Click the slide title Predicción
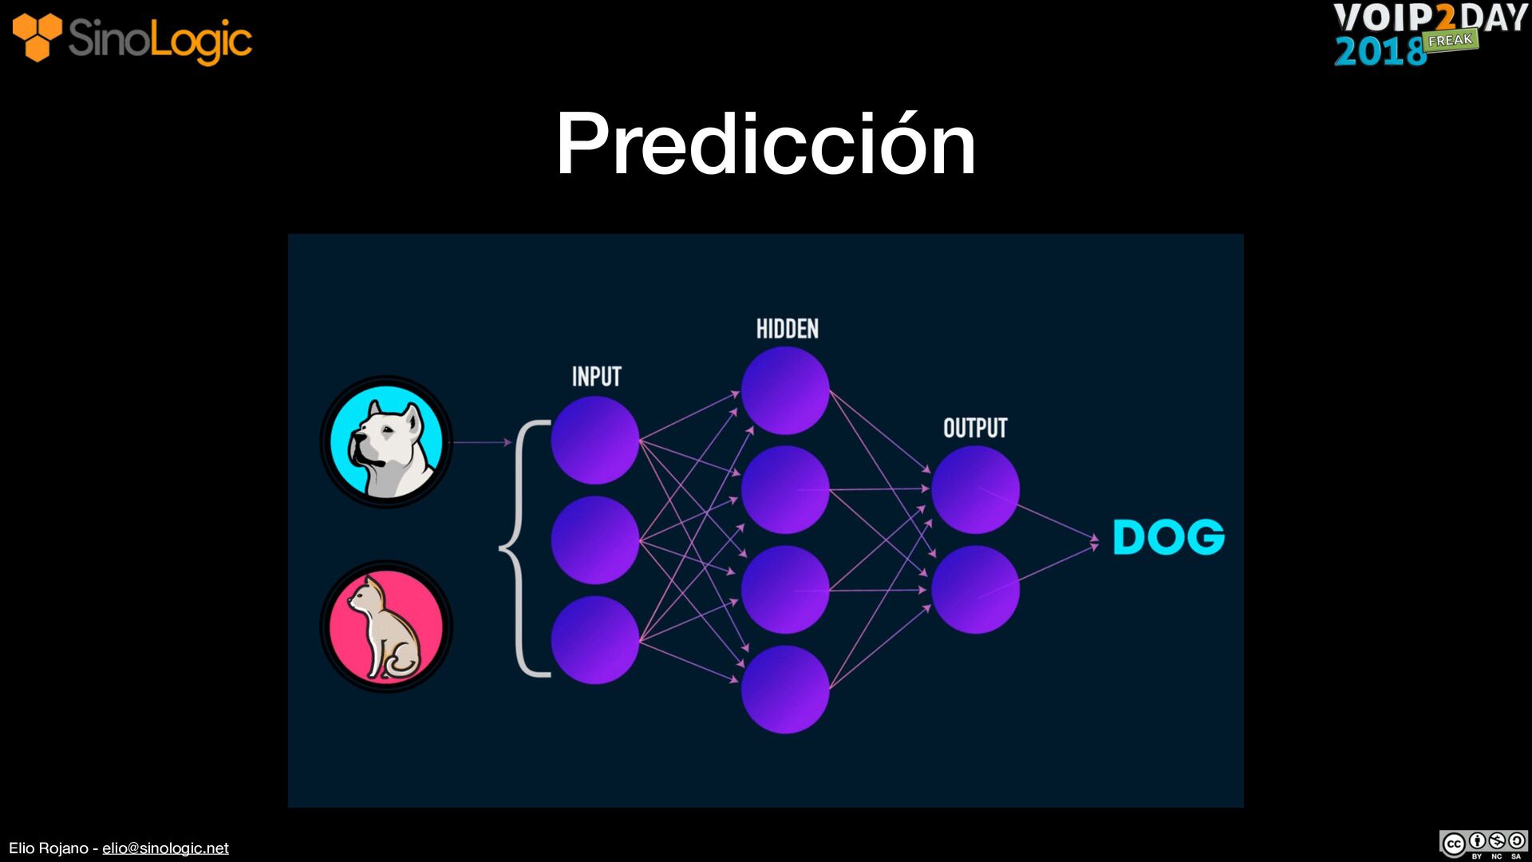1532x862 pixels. [765, 144]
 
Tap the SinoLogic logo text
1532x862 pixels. [160, 40]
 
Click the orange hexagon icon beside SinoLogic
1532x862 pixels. [37, 37]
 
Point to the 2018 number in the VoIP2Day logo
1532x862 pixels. [1380, 51]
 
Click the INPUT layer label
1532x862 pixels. [596, 377]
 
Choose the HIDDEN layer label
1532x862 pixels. [787, 329]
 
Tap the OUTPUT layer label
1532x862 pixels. [975, 429]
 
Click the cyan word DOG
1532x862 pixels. [1168, 537]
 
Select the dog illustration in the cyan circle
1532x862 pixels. [386, 442]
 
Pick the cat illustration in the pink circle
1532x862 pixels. [386, 627]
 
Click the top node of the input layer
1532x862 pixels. [595, 441]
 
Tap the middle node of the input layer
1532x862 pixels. [595, 540]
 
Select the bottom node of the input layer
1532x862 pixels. [595, 640]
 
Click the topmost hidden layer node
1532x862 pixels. [785, 390]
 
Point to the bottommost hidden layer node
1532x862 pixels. [785, 690]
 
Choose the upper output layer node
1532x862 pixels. [975, 490]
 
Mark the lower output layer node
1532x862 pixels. [975, 590]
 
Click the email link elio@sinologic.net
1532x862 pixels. [165, 848]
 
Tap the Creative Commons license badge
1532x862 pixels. [1483, 844]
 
